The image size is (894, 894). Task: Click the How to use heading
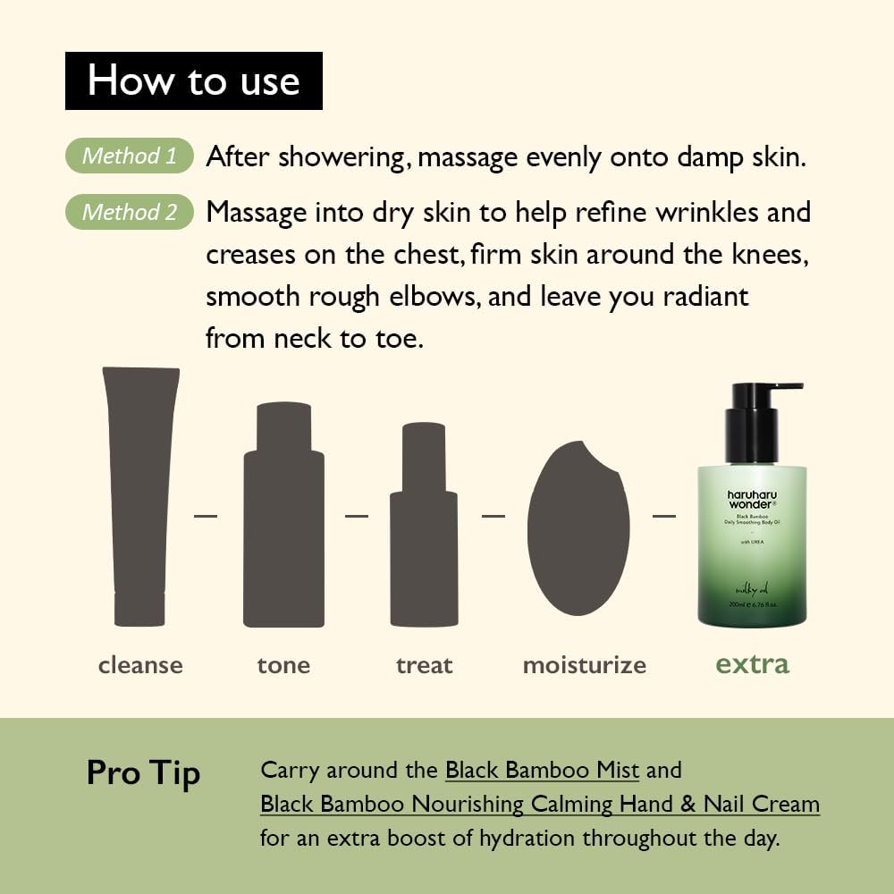[193, 80]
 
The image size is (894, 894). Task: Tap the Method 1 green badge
[130, 156]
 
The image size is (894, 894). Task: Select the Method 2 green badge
[130, 213]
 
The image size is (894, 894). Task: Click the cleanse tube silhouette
[140, 496]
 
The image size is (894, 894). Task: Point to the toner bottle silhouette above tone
[283, 514]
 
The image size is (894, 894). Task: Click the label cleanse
[140, 665]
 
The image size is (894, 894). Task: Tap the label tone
[283, 665]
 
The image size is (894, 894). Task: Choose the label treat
[424, 665]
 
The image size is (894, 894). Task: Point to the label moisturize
[584, 665]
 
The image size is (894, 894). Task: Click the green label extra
[753, 664]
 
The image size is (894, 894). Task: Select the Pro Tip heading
[143, 772]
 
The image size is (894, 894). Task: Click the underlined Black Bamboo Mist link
[542, 770]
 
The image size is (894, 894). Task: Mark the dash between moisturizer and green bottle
[663, 515]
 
